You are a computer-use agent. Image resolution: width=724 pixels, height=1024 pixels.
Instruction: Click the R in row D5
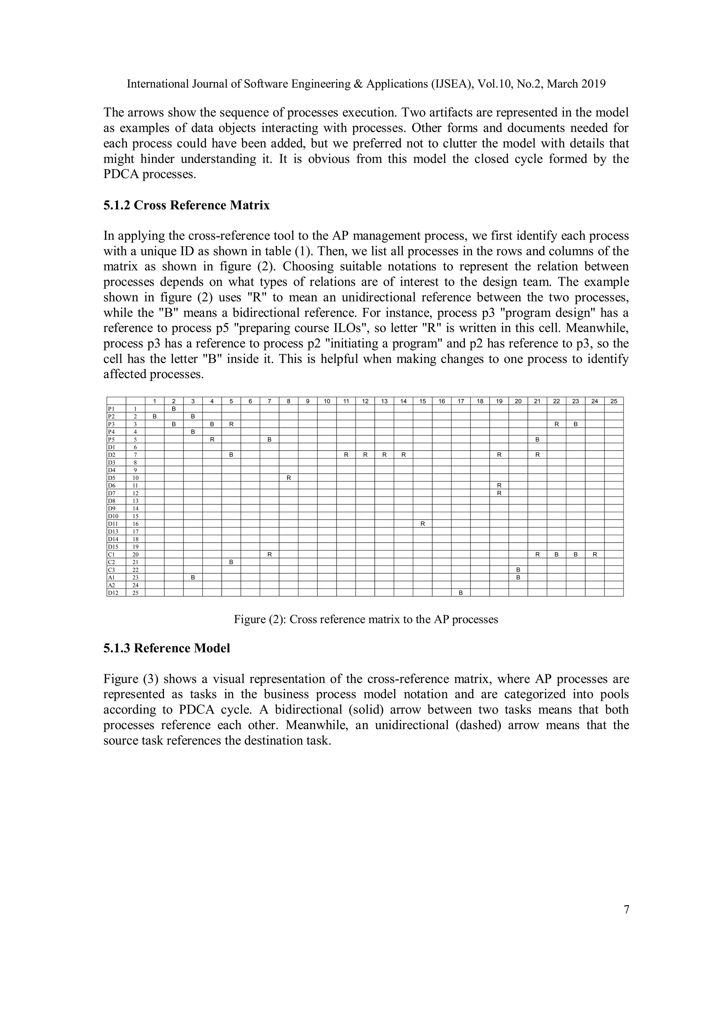(288, 478)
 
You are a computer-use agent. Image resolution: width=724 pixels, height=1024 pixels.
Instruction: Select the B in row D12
(461, 593)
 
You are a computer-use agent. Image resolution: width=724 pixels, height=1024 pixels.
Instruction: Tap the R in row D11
(422, 523)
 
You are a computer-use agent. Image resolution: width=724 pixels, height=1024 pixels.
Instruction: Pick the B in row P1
(174, 409)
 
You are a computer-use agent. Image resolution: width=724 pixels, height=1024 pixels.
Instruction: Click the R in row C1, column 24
(595, 554)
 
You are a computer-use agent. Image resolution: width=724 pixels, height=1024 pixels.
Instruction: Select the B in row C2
(231, 562)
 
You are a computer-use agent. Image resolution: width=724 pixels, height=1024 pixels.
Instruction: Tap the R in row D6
(499, 485)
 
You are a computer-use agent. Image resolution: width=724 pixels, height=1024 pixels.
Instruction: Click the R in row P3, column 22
(556, 424)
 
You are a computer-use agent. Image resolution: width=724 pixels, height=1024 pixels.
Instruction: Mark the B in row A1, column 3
(193, 578)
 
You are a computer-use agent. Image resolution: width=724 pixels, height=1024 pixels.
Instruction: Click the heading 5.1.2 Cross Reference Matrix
(186, 206)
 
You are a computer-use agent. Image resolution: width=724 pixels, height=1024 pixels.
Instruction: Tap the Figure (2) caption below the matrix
(366, 620)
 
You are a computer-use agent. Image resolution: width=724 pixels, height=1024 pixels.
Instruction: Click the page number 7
(626, 910)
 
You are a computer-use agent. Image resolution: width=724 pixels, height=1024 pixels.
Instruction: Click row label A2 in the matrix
(111, 585)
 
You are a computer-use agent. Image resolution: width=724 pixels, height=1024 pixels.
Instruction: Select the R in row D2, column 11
(346, 455)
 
